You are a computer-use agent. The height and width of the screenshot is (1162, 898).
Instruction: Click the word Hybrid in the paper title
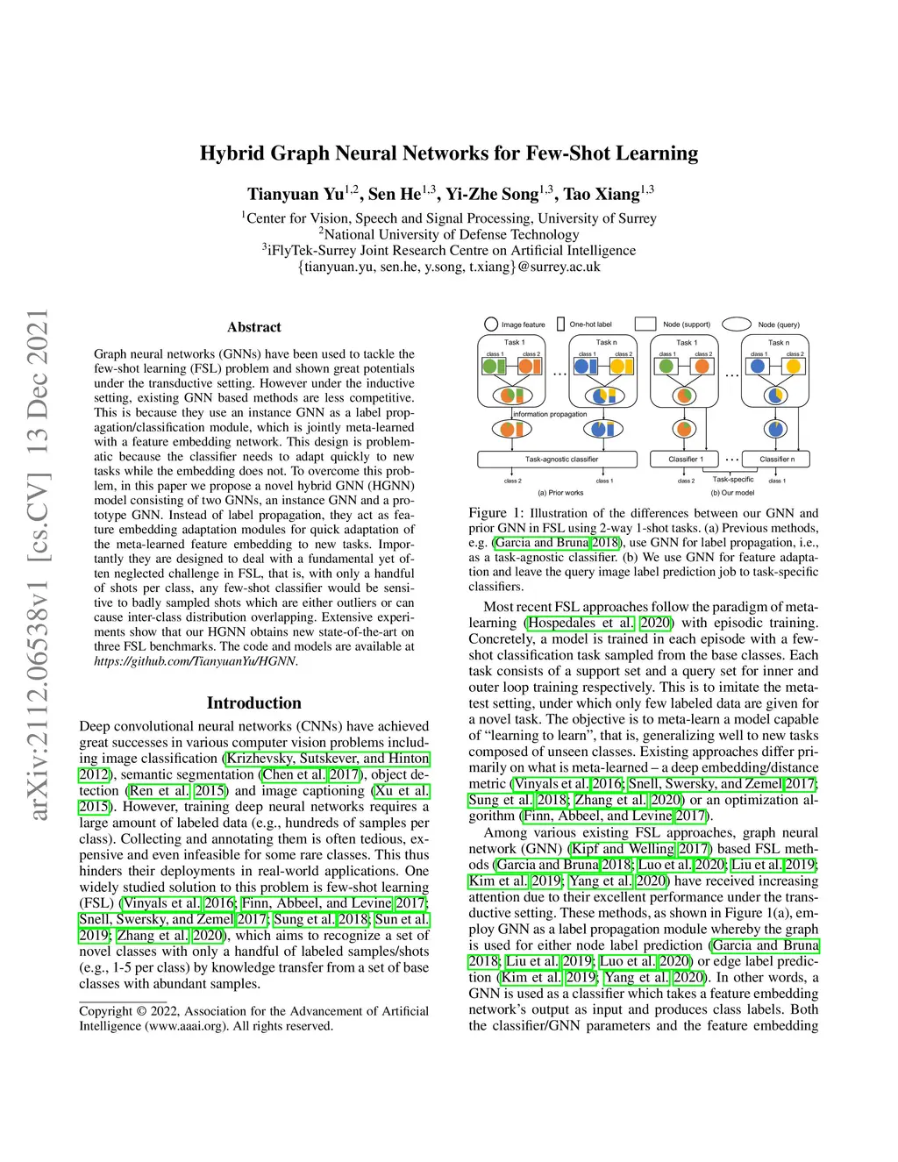[x=232, y=154]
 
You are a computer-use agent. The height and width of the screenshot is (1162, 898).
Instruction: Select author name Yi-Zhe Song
[x=492, y=194]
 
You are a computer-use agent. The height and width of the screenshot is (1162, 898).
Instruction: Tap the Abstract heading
[x=254, y=327]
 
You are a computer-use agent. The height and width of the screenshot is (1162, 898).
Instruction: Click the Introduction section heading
[x=254, y=702]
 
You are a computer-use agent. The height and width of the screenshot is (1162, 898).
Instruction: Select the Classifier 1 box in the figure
[x=686, y=459]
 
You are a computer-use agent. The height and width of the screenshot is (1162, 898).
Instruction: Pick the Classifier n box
[x=777, y=459]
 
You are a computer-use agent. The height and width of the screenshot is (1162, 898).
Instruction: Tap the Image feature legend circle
[x=491, y=324]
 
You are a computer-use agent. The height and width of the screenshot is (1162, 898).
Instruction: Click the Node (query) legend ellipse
[x=737, y=324]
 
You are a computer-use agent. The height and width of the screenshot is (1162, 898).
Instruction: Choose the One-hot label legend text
[x=590, y=324]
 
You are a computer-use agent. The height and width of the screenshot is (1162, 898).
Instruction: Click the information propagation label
[x=550, y=414]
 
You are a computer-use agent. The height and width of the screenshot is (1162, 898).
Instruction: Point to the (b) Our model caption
[x=732, y=493]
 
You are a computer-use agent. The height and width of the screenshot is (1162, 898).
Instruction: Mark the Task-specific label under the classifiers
[x=733, y=479]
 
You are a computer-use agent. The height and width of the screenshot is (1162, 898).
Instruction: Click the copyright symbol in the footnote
[x=141, y=1011]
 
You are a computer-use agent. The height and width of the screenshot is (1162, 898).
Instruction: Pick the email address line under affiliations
[x=449, y=267]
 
